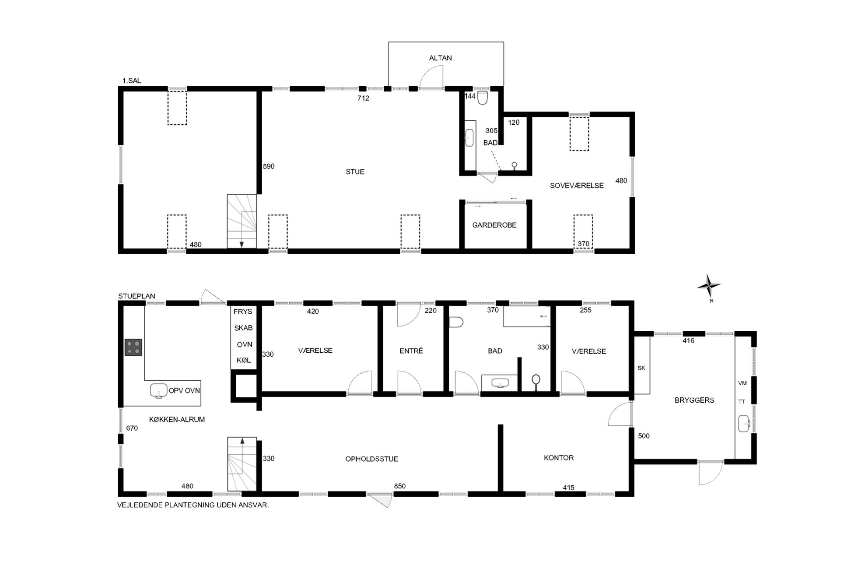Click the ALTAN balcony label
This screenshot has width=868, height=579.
pyautogui.click(x=440, y=58)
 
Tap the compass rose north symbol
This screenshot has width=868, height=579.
pyautogui.click(x=708, y=287)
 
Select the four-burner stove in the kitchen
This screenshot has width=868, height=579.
pyautogui.click(x=133, y=347)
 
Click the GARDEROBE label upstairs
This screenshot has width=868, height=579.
pyautogui.click(x=494, y=225)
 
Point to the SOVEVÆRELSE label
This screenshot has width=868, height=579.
pyautogui.click(x=577, y=186)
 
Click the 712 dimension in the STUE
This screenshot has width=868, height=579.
pyautogui.click(x=363, y=98)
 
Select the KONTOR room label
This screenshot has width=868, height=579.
pyautogui.click(x=559, y=458)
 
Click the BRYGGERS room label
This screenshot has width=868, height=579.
pyautogui.click(x=694, y=400)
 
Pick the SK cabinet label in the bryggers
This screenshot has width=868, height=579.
pyautogui.click(x=641, y=368)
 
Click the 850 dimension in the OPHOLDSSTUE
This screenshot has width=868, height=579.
pyautogui.click(x=400, y=486)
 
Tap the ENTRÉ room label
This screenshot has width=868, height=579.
pyautogui.click(x=411, y=351)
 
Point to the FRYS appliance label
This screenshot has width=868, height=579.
pyautogui.click(x=243, y=312)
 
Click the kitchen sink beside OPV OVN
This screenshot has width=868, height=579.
pyautogui.click(x=158, y=390)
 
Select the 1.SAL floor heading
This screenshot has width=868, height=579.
pyautogui.click(x=132, y=81)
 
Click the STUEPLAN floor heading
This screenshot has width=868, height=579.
pyautogui.click(x=136, y=296)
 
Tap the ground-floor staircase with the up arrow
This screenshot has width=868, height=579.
pyautogui.click(x=241, y=464)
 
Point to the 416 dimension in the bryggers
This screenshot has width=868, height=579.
pyautogui.click(x=688, y=340)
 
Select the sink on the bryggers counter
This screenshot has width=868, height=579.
pyautogui.click(x=744, y=424)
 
